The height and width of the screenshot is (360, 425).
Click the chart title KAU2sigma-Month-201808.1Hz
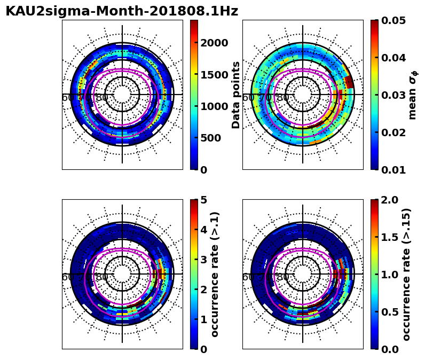(122, 11)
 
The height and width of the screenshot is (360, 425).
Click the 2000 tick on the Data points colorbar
(214, 43)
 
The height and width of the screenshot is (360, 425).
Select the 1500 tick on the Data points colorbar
(214, 74)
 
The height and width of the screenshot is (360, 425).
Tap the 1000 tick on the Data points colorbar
(214, 106)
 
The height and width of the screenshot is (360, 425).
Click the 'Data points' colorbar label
(236, 95)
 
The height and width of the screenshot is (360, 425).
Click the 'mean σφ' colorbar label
(413, 95)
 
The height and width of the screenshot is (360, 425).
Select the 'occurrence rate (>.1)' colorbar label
(215, 274)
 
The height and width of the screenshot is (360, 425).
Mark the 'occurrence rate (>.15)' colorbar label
(407, 274)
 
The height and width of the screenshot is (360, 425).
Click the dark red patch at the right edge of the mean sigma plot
(349, 82)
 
